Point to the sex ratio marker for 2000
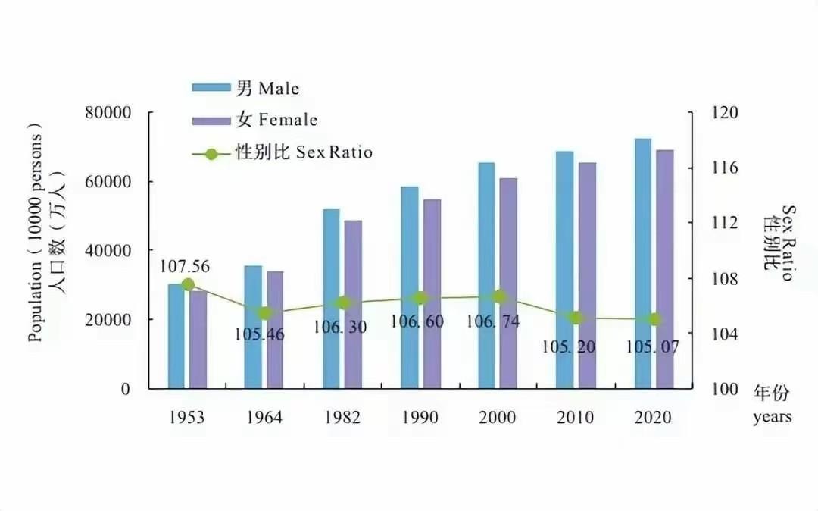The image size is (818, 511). [499, 297]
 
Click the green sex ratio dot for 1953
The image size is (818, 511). [188, 285]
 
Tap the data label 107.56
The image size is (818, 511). [185, 266]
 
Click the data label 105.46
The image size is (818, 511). [260, 334]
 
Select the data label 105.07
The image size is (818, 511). [653, 346]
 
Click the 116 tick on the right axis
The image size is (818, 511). [724, 168]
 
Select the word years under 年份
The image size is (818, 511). [772, 417]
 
